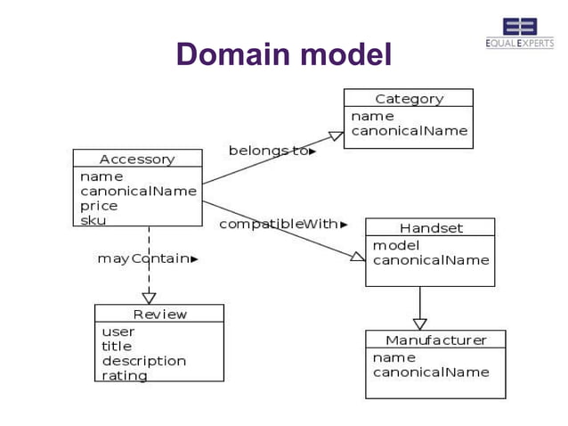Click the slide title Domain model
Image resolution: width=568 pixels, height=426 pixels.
[x=284, y=55]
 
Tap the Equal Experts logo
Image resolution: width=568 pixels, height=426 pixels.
[x=519, y=32]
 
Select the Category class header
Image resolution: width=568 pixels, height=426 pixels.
[x=409, y=99]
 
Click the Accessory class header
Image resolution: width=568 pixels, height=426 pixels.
[x=137, y=159]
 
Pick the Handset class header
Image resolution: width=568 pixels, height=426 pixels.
[x=431, y=228]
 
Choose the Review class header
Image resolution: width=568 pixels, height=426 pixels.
[x=160, y=314]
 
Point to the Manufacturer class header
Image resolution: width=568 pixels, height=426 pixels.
[x=435, y=340]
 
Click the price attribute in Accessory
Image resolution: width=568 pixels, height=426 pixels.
[x=99, y=206]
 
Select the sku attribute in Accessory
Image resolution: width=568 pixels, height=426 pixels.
[x=93, y=220]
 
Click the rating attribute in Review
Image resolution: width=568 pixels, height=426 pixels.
[x=125, y=375]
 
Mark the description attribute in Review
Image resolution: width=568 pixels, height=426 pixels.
[x=144, y=361]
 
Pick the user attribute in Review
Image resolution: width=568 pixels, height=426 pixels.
[x=118, y=332]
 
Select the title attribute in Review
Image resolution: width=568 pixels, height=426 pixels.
[x=117, y=346]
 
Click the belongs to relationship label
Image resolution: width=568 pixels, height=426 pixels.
[x=272, y=151]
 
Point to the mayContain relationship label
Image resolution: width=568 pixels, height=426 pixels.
[x=147, y=258]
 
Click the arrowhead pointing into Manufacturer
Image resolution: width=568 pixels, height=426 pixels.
[x=419, y=324]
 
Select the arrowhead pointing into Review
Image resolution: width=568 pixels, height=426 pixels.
[x=149, y=298]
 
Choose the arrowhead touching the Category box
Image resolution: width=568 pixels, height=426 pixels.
[x=336, y=136]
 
